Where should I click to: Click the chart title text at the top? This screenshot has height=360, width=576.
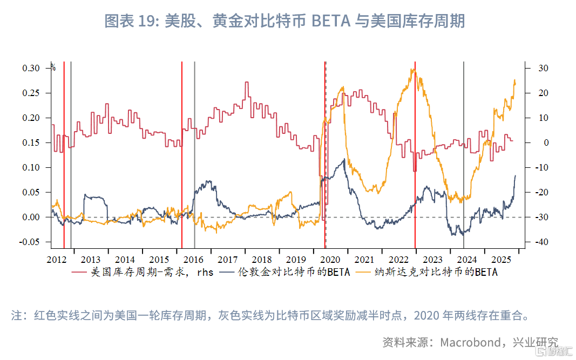pos(284,21)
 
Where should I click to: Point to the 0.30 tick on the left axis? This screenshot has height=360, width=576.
pos(31,69)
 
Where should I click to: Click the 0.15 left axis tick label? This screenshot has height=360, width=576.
pos(31,143)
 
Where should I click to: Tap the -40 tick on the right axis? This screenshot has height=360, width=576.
pos(541,242)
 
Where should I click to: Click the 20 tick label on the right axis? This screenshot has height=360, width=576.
pos(542,93)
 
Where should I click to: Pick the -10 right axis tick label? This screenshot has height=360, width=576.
pos(541,168)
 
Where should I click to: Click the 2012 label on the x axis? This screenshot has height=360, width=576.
pos(56,260)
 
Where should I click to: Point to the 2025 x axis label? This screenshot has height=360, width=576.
pos(502,260)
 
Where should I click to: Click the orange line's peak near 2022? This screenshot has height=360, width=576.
pos(413,70)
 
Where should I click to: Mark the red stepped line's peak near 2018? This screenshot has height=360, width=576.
pos(247,83)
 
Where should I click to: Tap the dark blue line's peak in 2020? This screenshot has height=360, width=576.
pos(344,160)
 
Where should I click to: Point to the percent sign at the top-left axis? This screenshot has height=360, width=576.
pos(53,67)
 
